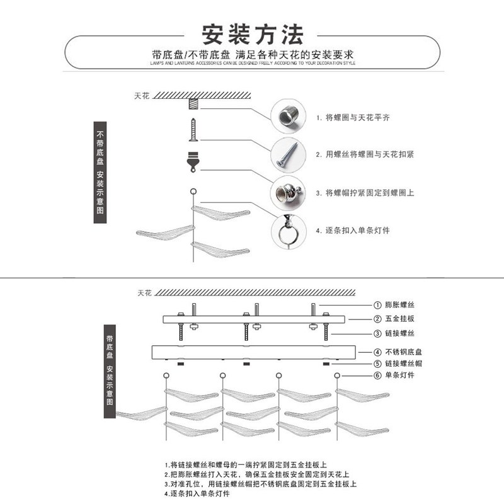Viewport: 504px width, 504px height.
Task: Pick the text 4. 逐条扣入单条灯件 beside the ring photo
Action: [x=353, y=231]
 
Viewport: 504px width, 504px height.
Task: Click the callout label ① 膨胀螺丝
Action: [x=395, y=304]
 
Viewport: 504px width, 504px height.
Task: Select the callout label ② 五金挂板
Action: [x=395, y=319]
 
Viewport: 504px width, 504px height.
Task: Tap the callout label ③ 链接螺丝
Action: [x=395, y=333]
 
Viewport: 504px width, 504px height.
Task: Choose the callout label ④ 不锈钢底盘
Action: [x=399, y=352]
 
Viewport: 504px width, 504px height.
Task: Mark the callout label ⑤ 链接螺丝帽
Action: [x=399, y=364]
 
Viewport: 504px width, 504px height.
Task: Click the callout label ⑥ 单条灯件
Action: [x=395, y=375]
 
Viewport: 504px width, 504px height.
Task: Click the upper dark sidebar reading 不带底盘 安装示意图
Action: [x=100, y=171]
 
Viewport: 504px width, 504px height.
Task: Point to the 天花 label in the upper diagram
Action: [x=141, y=96]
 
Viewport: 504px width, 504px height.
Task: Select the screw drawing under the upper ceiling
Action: [x=192, y=129]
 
